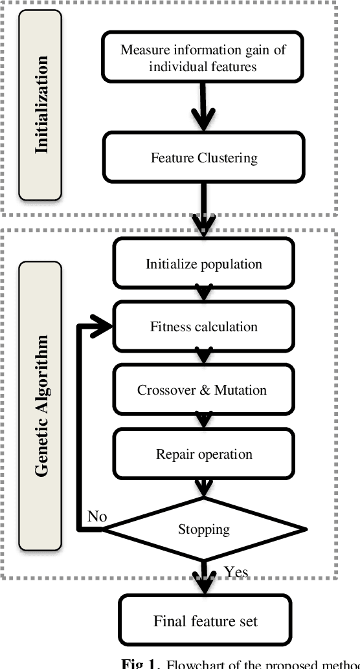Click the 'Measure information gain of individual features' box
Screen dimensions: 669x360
203,58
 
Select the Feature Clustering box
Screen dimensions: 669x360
203,157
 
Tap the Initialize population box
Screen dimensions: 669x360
203,263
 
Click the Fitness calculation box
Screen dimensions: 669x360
203,327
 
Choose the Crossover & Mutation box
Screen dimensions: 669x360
201,390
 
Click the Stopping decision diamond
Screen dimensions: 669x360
203,529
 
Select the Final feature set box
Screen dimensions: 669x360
205,621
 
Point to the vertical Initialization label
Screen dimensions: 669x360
41,104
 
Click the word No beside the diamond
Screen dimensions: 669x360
97,517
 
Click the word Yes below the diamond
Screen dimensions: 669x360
236,571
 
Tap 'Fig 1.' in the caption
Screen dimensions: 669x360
138,663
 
